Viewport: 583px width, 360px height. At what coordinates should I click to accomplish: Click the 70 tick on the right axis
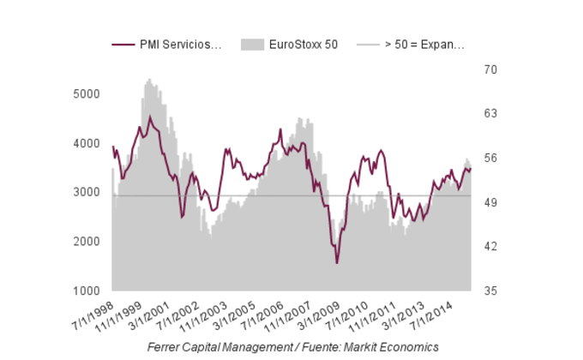(x=488, y=69)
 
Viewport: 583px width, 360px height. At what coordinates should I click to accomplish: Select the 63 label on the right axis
(x=488, y=113)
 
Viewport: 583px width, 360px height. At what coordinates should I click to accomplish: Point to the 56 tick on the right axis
(x=488, y=158)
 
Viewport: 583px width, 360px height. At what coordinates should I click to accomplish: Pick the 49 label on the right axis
(x=488, y=202)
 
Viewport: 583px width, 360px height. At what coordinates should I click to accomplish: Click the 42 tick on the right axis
(x=488, y=247)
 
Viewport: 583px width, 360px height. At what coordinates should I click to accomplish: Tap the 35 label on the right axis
(x=488, y=291)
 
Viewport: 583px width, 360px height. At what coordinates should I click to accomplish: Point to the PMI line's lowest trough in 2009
(x=337, y=262)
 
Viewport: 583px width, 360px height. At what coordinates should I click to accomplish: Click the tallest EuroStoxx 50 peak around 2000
(x=149, y=80)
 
